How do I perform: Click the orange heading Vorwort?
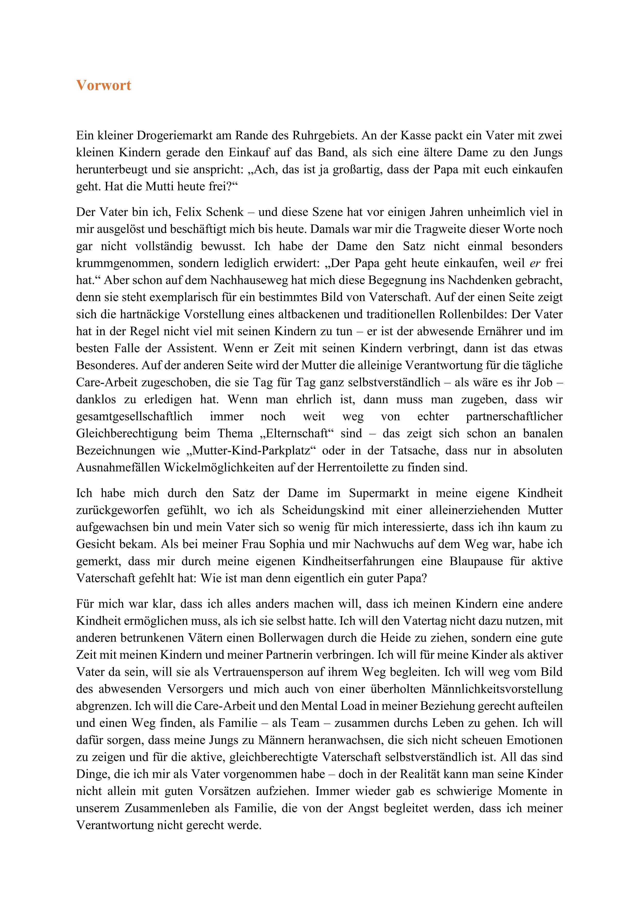point(104,85)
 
